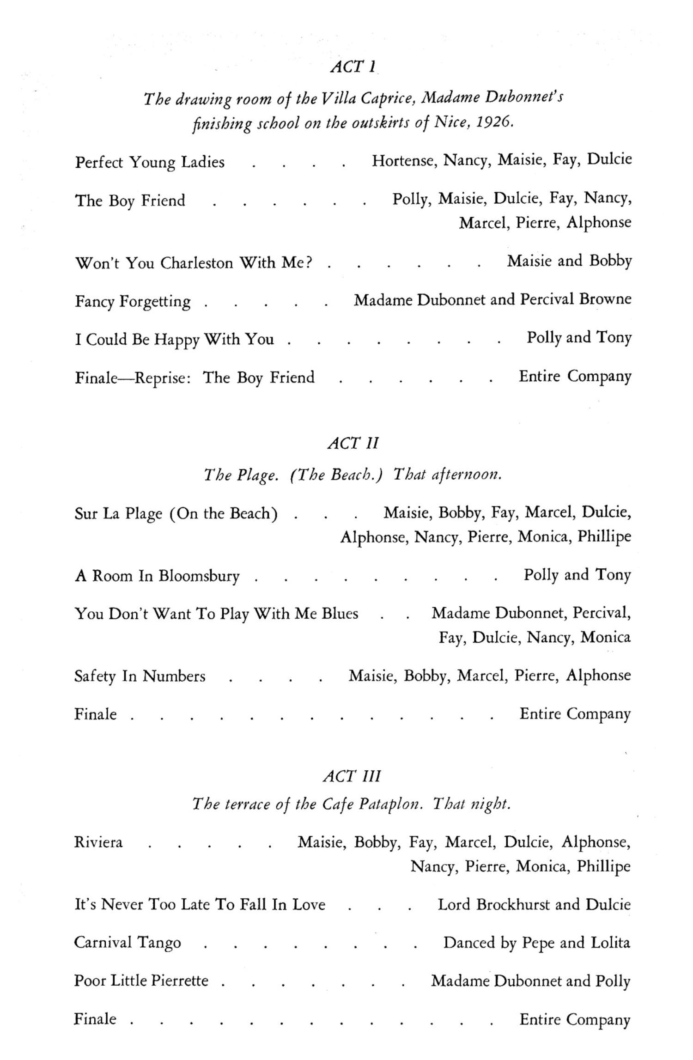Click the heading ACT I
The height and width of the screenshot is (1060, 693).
click(x=353, y=67)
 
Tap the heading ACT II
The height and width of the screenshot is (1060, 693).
click(x=353, y=443)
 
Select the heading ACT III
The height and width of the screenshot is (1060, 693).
click(x=352, y=776)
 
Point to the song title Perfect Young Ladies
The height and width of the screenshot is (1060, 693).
click(x=150, y=162)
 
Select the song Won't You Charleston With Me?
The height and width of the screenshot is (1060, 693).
click(x=194, y=263)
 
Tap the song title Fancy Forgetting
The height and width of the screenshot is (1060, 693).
click(x=133, y=301)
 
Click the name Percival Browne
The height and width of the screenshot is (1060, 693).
click(x=576, y=299)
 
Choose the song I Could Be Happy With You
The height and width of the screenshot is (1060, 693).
click(x=174, y=339)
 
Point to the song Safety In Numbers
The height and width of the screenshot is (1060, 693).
click(x=140, y=676)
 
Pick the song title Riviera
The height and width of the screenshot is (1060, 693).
click(x=98, y=842)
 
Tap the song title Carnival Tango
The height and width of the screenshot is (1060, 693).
click(x=128, y=942)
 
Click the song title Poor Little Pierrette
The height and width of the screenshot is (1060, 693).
click(x=141, y=980)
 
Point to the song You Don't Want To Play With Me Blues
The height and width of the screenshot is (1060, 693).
click(x=216, y=614)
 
